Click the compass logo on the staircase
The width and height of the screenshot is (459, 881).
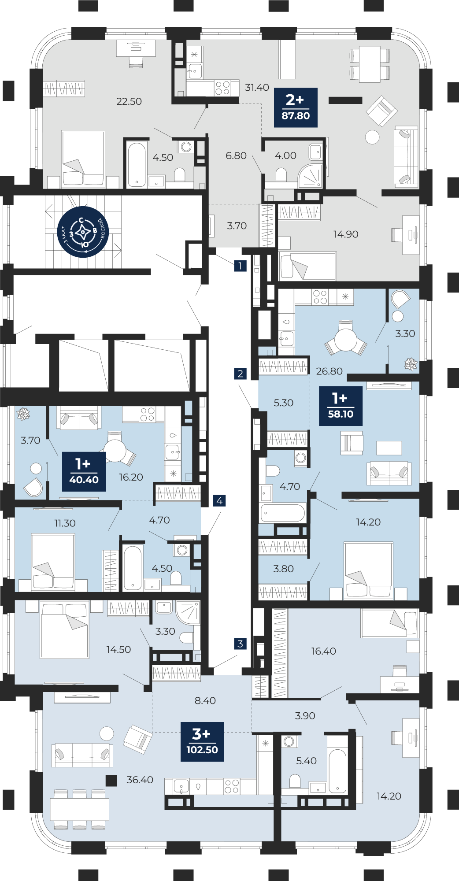click(x=83, y=232)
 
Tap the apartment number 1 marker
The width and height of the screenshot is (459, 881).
click(x=240, y=266)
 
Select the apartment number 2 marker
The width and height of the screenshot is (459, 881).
click(x=240, y=374)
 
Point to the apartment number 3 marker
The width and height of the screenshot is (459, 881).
click(x=240, y=644)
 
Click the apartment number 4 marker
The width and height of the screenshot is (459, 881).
click(x=219, y=501)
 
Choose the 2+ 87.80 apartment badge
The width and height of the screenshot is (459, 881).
click(x=296, y=107)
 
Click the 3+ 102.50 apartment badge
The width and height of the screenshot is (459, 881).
click(x=202, y=742)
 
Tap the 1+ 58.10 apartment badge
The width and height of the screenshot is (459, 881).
click(x=341, y=406)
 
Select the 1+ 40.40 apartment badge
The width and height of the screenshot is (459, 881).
click(x=84, y=471)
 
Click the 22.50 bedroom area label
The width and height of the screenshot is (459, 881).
click(x=129, y=102)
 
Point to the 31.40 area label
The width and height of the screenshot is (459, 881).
click(x=257, y=88)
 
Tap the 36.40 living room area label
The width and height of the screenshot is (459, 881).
click(x=140, y=780)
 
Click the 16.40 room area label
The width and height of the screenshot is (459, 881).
click(x=324, y=651)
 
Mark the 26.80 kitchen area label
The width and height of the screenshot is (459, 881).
click(x=329, y=371)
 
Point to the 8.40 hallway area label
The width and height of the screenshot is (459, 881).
click(x=205, y=700)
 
